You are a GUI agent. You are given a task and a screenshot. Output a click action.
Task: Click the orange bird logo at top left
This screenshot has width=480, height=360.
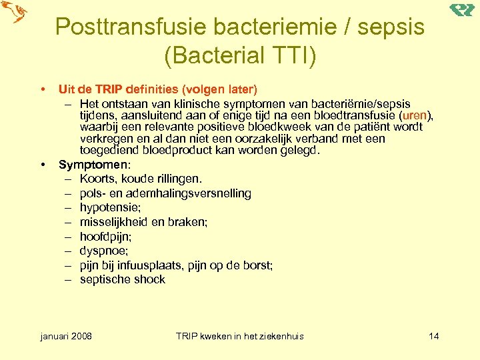[x=15, y=12]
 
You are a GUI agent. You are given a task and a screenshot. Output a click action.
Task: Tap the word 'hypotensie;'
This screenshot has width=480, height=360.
[x=109, y=207]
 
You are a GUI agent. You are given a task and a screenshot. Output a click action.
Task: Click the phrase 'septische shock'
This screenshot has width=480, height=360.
[x=122, y=279]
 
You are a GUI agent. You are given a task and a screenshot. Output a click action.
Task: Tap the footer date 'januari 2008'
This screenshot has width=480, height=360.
[x=66, y=335]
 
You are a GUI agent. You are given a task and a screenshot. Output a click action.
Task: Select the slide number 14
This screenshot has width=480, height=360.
[x=433, y=335]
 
